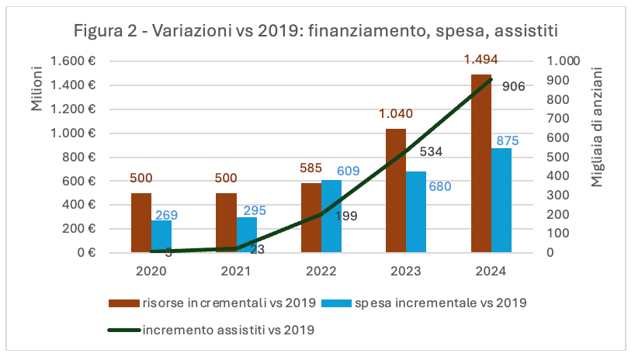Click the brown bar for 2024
click(481, 163)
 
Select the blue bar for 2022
click(331, 216)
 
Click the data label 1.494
click(481, 59)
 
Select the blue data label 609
click(348, 171)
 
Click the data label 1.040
click(395, 114)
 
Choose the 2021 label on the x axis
click(236, 271)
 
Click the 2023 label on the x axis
click(406, 271)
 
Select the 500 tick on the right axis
click(559, 157)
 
